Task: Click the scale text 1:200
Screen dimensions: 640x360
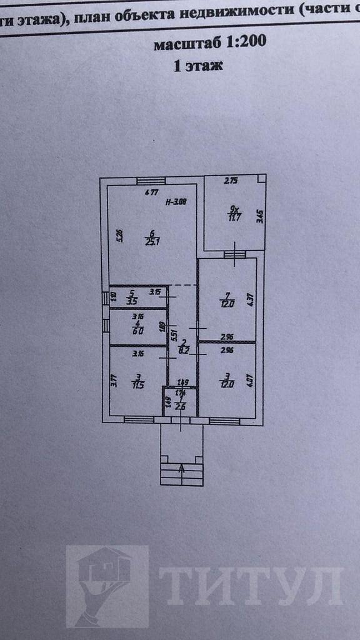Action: coord(246,42)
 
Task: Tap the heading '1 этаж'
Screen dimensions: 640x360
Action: coord(197,64)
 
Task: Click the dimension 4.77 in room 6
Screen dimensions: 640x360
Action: coord(151,192)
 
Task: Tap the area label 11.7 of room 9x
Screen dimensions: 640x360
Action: coord(233,217)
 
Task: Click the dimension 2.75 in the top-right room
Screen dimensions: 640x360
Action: coord(231,181)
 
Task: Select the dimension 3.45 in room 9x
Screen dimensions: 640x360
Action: coord(259,217)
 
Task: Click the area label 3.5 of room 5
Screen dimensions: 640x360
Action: coord(132,301)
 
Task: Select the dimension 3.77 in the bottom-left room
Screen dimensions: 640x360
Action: coord(114,381)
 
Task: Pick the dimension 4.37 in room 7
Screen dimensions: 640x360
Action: coord(250,299)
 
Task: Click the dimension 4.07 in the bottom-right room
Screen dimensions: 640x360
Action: coord(250,380)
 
